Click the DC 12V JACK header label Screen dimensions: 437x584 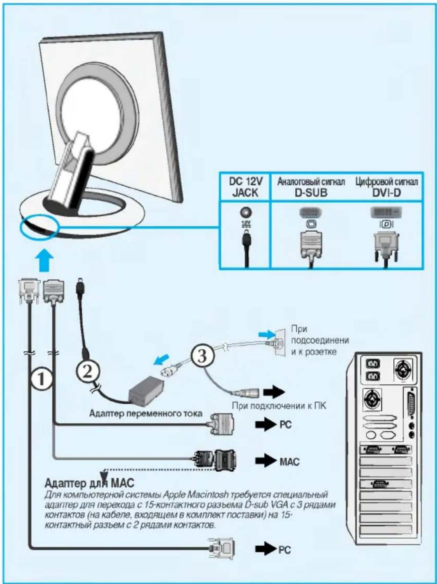click(x=246, y=187)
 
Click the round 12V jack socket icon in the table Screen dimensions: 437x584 click(x=245, y=212)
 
